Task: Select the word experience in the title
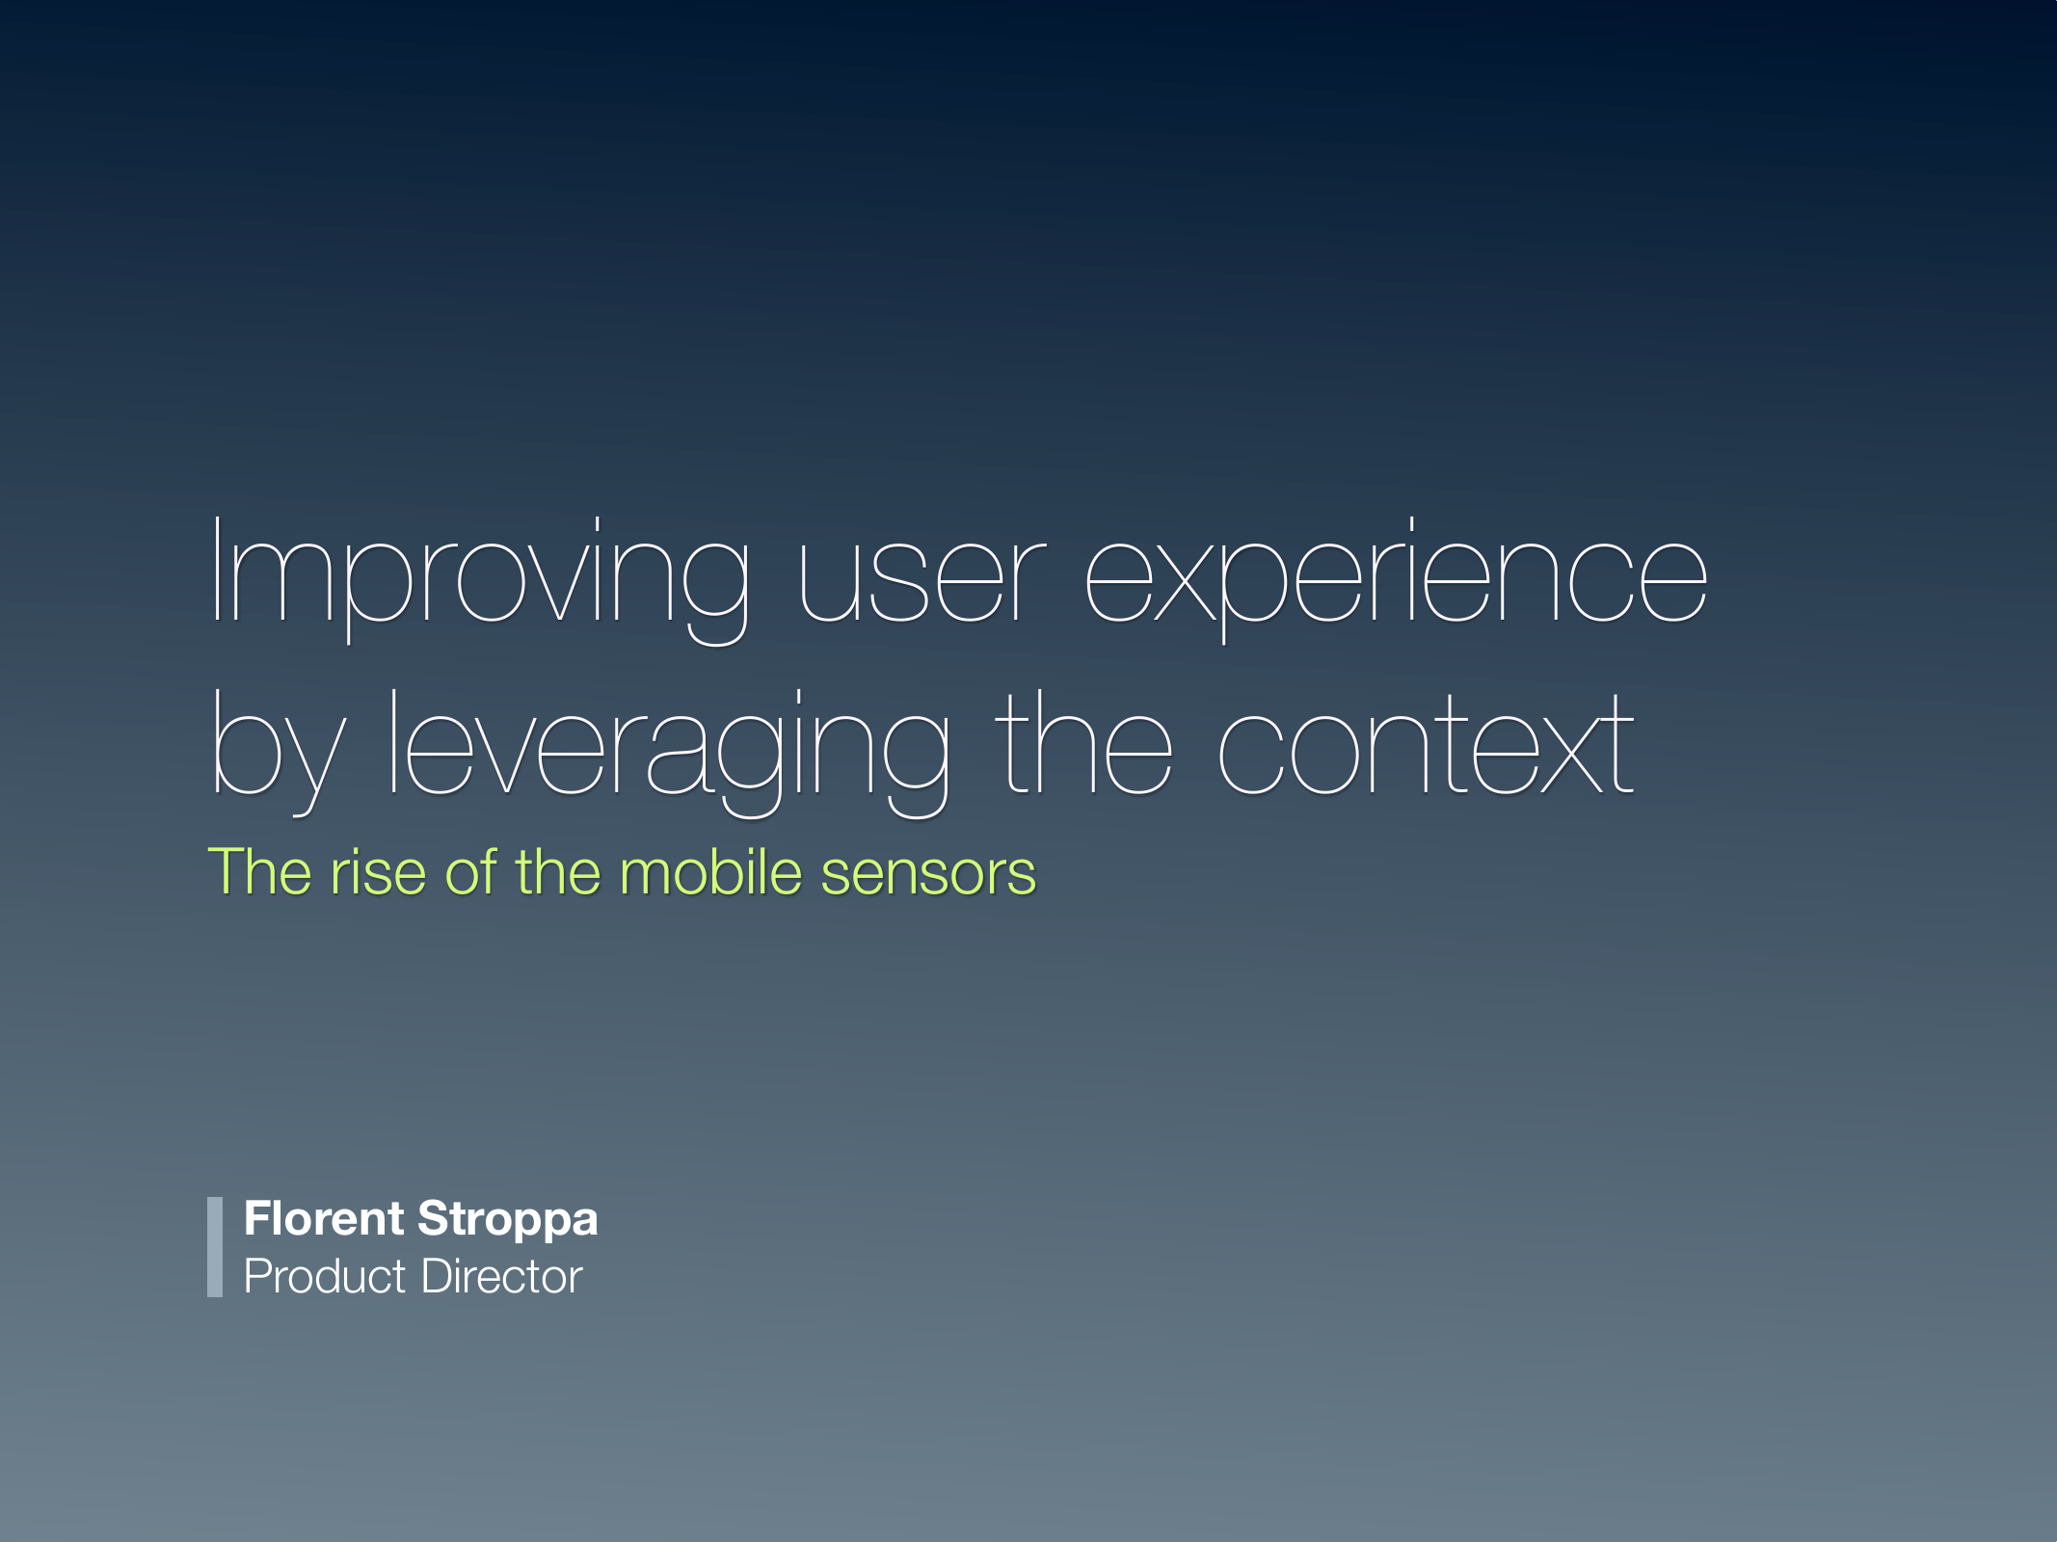(1396, 578)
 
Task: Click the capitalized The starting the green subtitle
(259, 872)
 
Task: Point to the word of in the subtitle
(470, 872)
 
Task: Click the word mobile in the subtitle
(709, 872)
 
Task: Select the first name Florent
(324, 1218)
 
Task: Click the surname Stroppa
(508, 1220)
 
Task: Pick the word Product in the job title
(325, 1277)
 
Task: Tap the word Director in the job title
(501, 1277)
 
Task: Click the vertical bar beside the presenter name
(215, 1247)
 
